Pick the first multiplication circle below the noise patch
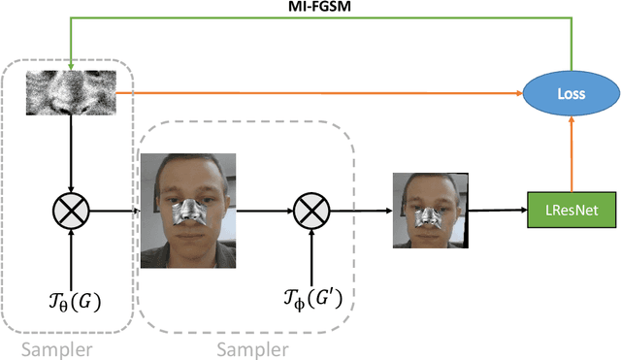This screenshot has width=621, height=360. pos(71,207)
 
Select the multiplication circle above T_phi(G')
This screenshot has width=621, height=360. pos(310,207)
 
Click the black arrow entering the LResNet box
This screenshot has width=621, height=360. pos(495,207)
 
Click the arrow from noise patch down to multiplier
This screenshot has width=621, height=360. pos(71,155)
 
